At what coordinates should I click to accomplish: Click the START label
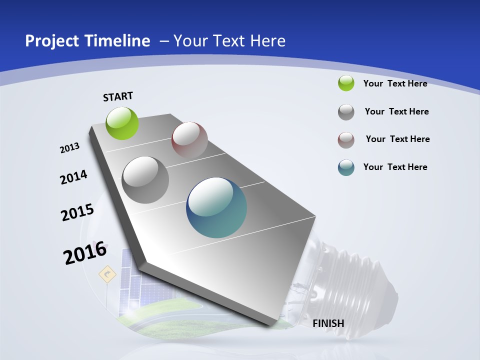click(118, 96)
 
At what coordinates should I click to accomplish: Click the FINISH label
click(328, 323)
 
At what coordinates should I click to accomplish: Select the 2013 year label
click(69, 148)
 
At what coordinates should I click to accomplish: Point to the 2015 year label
click(77, 212)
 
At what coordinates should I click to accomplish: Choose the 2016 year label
click(85, 253)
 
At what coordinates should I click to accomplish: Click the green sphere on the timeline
click(122, 123)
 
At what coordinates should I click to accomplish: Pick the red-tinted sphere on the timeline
click(189, 139)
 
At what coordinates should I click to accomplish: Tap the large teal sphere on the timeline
click(216, 207)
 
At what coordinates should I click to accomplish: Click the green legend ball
click(346, 83)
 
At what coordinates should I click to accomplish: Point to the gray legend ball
click(346, 112)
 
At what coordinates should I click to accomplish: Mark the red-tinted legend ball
click(346, 140)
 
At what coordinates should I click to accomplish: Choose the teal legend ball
click(346, 167)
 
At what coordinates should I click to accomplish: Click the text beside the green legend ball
click(395, 83)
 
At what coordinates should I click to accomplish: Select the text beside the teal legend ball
click(395, 167)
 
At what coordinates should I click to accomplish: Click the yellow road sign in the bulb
click(107, 274)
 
